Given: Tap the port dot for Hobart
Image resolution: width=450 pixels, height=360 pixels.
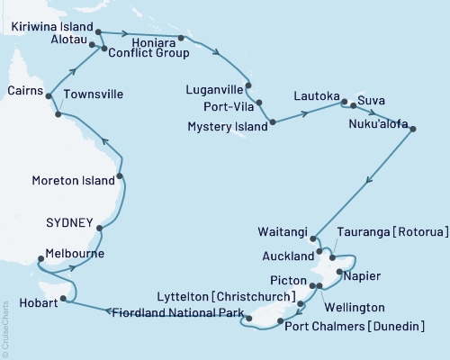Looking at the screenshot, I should [63, 301].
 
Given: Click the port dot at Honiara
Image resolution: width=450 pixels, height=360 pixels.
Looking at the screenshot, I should [181, 38].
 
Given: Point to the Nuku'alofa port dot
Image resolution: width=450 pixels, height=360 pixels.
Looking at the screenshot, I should [413, 130].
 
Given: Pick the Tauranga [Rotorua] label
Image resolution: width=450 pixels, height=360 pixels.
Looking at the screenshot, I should [392, 232].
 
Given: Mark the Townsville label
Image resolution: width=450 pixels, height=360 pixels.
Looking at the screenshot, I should [94, 94].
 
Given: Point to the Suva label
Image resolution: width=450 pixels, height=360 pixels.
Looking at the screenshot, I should [370, 98].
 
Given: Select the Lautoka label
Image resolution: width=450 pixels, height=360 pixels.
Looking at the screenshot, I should [315, 95].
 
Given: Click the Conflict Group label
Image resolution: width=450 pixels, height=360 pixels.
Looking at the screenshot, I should [148, 53].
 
